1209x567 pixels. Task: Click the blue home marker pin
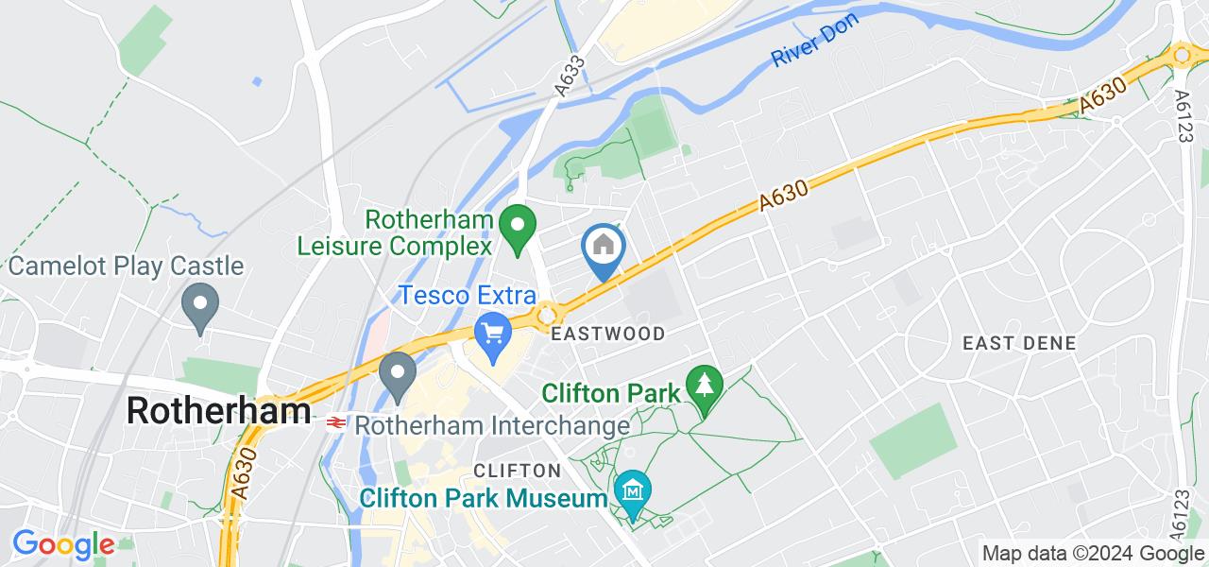click(604, 249)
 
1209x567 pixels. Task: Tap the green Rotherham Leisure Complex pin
click(517, 230)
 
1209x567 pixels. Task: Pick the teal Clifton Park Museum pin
click(632, 492)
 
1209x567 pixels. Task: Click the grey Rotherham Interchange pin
click(398, 375)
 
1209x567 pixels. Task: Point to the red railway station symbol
click(333, 422)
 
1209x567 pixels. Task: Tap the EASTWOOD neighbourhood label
click(609, 334)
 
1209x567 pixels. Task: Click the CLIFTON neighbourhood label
click(518, 471)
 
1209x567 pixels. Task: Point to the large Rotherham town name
click(218, 411)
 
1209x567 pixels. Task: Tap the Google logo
click(63, 545)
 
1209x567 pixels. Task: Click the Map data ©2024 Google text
click(1092, 554)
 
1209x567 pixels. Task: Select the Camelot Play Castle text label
click(127, 266)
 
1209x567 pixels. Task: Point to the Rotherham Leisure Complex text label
click(395, 232)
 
